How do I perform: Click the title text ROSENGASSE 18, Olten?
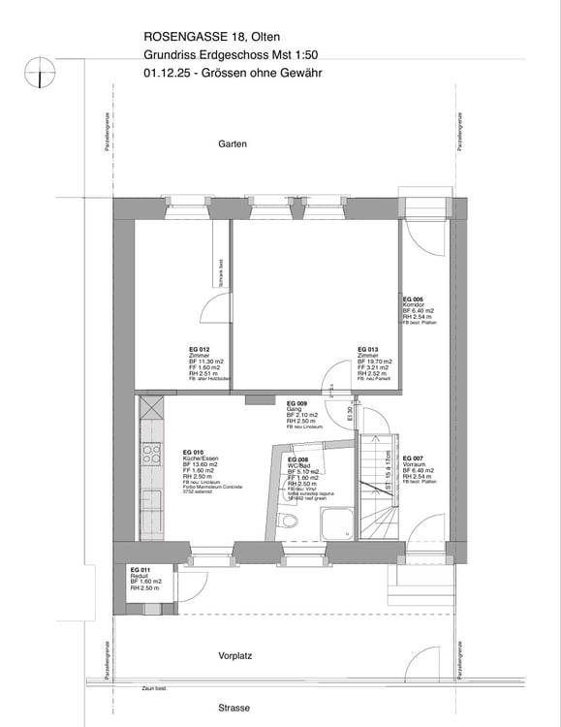[x=212, y=38]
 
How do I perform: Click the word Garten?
[x=233, y=143]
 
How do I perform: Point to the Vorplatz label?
[x=234, y=655]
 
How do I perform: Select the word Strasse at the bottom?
[x=234, y=708]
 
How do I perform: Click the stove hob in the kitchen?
[x=152, y=453]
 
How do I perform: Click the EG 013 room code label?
[x=368, y=349]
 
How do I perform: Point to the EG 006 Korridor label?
[x=413, y=299]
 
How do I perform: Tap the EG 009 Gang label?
[x=297, y=403]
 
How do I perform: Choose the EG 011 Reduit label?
[x=141, y=569]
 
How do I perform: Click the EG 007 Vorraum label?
[x=413, y=458]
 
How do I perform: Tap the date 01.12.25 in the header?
[x=167, y=73]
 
